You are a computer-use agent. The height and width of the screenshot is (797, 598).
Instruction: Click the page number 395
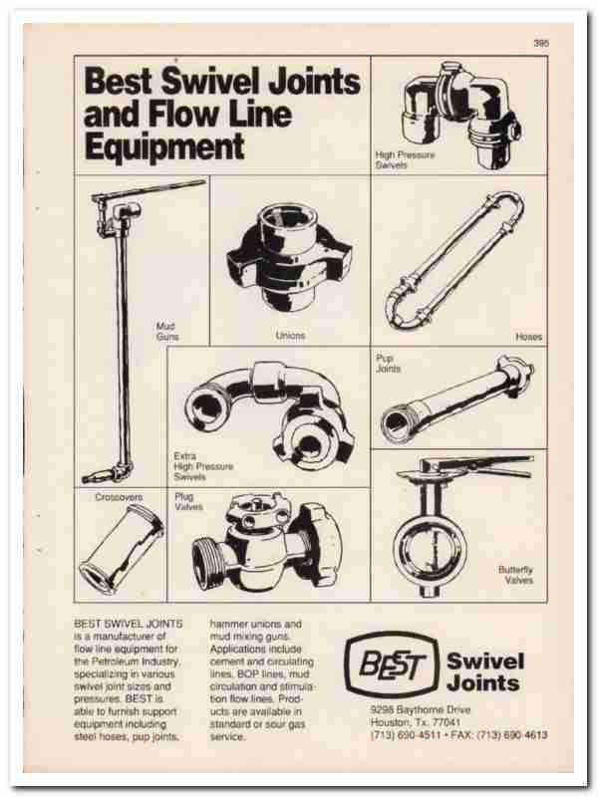tap(541, 43)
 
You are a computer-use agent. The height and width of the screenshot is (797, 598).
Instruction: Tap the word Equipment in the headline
tap(164, 146)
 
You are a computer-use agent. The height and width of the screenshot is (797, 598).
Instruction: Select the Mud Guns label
tap(167, 332)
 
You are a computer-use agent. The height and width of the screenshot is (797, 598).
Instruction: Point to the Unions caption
tap(290, 336)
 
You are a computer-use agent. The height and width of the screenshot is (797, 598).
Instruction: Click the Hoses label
tap(528, 337)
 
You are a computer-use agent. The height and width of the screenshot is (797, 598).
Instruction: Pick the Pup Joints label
tap(388, 364)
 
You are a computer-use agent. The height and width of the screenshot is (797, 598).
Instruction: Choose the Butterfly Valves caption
tap(515, 575)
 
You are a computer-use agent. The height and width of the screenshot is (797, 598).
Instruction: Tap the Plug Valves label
tap(188, 502)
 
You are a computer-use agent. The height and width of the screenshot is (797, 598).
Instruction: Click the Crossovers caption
tap(119, 497)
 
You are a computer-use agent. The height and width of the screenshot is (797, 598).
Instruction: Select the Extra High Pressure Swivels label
tap(203, 466)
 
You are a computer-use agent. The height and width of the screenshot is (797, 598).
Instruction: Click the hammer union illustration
tap(288, 256)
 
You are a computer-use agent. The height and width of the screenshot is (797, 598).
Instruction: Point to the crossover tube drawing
tap(122, 549)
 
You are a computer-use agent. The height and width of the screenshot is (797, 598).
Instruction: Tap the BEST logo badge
tap(391, 664)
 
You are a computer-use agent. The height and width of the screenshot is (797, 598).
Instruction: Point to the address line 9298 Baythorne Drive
tap(421, 709)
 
